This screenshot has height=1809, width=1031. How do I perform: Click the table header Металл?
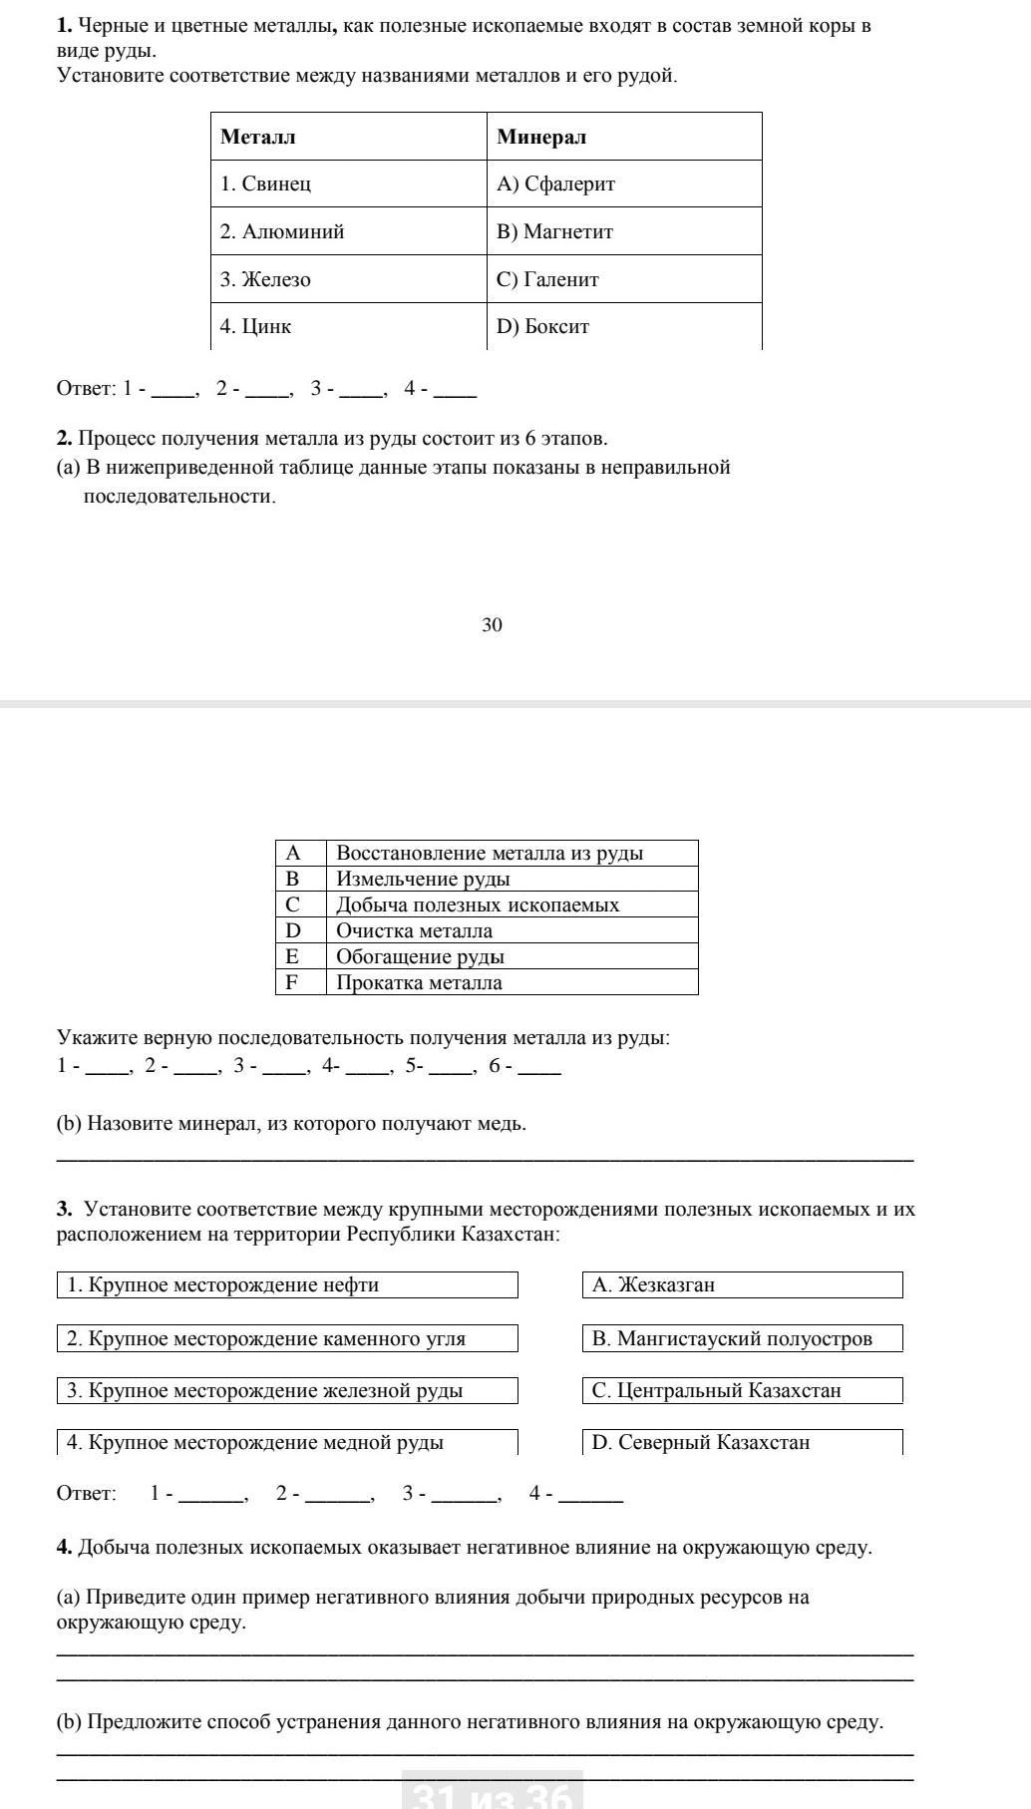(x=258, y=137)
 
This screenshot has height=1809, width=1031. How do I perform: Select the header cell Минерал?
(x=541, y=137)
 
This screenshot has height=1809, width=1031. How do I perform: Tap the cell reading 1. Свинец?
(x=266, y=183)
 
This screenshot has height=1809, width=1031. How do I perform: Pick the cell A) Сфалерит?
(x=556, y=183)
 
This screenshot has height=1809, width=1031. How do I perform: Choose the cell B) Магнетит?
(x=555, y=231)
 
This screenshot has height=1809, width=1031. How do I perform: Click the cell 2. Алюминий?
(x=282, y=231)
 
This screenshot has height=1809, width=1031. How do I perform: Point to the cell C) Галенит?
(x=548, y=279)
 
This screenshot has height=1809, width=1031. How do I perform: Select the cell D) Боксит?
(x=543, y=326)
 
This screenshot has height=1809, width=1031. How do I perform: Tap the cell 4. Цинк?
(x=256, y=326)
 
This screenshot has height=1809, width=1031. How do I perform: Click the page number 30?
(x=492, y=625)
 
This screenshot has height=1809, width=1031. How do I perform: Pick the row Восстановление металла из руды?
(x=490, y=853)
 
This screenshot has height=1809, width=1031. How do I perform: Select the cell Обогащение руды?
(x=420, y=956)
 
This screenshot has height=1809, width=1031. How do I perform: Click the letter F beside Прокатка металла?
(x=292, y=982)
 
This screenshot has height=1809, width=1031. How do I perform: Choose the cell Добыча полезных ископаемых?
(x=478, y=904)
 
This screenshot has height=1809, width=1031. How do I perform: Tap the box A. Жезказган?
(x=742, y=1284)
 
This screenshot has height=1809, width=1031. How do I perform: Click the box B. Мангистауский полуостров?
(x=742, y=1338)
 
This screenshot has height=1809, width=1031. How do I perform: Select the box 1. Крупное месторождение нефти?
(x=287, y=1284)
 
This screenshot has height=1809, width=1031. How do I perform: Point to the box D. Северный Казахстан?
(x=742, y=1442)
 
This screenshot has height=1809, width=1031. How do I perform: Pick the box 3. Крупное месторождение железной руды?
(x=287, y=1390)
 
